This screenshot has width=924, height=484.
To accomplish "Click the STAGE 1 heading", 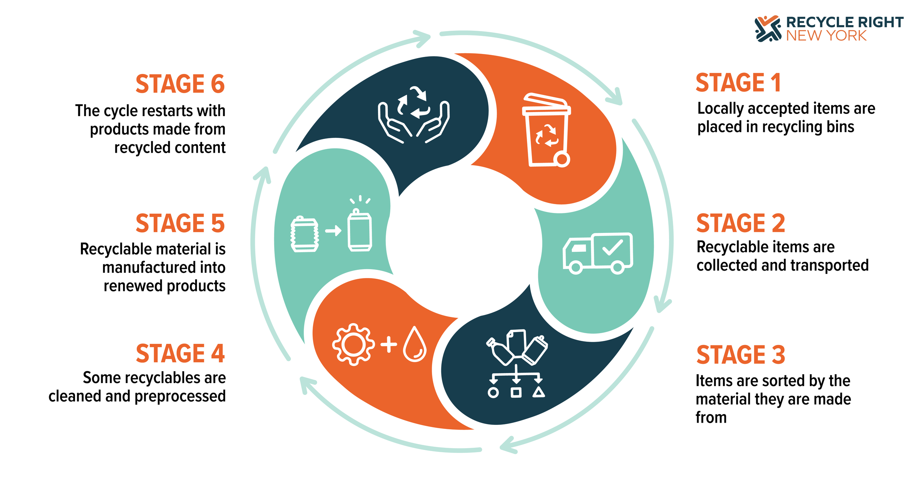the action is click(x=738, y=82).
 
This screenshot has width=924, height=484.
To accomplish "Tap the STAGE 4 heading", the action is click(x=180, y=353).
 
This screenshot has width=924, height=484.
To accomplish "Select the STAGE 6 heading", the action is click(x=180, y=84).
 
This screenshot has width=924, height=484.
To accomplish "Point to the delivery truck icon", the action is click(x=598, y=253).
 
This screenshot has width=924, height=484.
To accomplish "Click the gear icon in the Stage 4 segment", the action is click(x=353, y=345).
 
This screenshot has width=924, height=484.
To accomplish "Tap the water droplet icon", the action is click(x=415, y=344).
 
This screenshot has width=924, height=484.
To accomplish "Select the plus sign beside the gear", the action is click(x=389, y=345).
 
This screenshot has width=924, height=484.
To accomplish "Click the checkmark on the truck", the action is click(x=612, y=247).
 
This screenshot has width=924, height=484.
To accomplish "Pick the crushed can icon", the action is click(x=305, y=234).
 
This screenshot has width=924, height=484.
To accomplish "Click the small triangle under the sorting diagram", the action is click(x=539, y=392).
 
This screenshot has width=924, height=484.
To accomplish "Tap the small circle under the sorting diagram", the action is click(x=493, y=393).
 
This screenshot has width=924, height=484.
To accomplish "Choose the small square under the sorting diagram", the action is click(x=516, y=392).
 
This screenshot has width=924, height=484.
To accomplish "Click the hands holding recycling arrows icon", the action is click(x=414, y=115).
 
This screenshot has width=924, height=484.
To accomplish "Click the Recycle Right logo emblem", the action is click(x=768, y=28).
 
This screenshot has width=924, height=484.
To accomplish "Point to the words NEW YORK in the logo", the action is click(x=826, y=36).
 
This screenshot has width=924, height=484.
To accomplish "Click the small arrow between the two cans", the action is click(x=333, y=231).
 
